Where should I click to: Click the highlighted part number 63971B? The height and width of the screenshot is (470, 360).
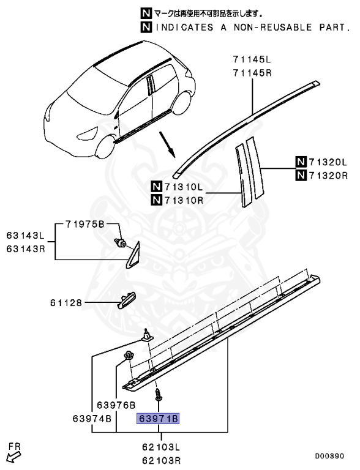coord(158,419)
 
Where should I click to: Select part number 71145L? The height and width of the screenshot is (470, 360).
coord(251,59)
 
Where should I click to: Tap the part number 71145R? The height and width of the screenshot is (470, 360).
coord(251,72)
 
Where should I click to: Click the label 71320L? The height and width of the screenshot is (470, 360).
coord(327,163)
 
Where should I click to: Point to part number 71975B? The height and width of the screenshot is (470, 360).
coord(84,223)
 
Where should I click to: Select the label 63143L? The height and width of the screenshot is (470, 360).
coord(26,235)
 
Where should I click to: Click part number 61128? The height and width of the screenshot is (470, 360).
coord(66,302)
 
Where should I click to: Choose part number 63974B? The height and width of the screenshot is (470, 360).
coord(92,419)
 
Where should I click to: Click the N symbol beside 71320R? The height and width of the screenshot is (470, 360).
coord(300,176)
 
